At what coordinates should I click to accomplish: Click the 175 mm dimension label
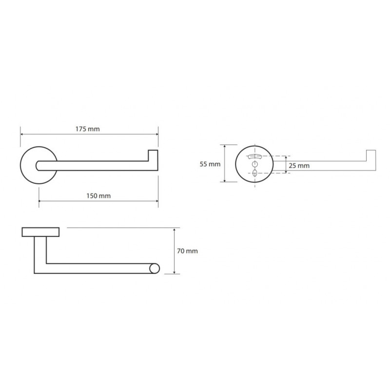[x=88, y=129]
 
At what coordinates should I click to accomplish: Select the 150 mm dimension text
[x=98, y=196]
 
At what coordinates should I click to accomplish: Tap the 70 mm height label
[x=187, y=251]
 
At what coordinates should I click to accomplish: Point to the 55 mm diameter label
[x=210, y=164]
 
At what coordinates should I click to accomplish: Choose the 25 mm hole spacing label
[x=299, y=166]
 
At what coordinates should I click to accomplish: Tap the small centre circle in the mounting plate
[x=255, y=164]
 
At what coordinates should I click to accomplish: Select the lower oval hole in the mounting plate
[x=254, y=173]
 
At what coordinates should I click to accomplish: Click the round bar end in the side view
[x=155, y=269]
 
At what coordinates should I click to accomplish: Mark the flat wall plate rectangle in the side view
[x=40, y=232]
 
